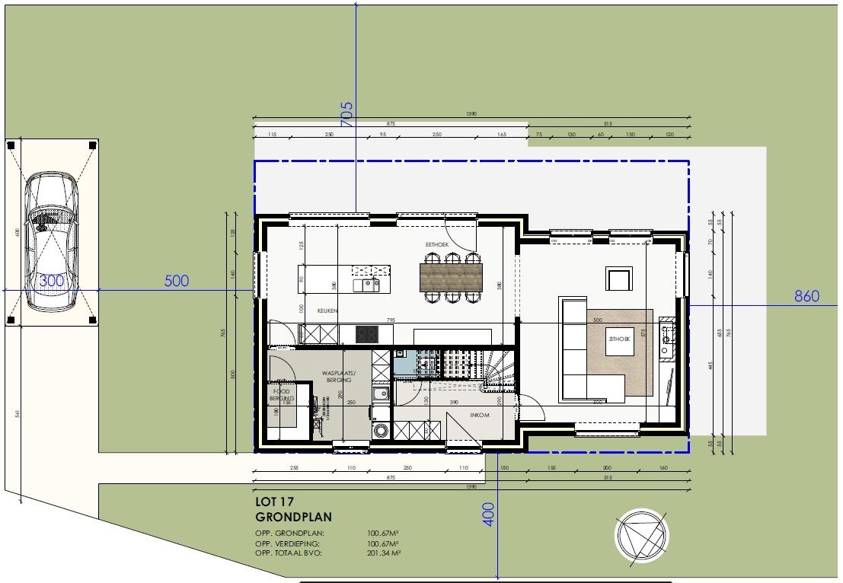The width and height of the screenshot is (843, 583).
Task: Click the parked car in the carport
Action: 51,241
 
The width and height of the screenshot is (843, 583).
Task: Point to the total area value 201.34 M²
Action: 384,553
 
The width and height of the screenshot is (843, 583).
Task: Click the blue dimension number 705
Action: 347,113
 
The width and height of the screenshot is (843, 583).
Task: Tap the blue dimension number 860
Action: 806,296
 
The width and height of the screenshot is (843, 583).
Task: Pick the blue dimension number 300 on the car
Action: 52,281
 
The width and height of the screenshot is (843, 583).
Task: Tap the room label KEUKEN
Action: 327,311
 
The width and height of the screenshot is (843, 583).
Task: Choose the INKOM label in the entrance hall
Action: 479,416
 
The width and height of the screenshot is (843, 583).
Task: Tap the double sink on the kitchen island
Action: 366,285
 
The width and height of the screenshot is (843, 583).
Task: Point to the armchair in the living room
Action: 618,279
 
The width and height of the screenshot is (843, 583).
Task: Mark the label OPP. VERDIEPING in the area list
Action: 289,543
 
